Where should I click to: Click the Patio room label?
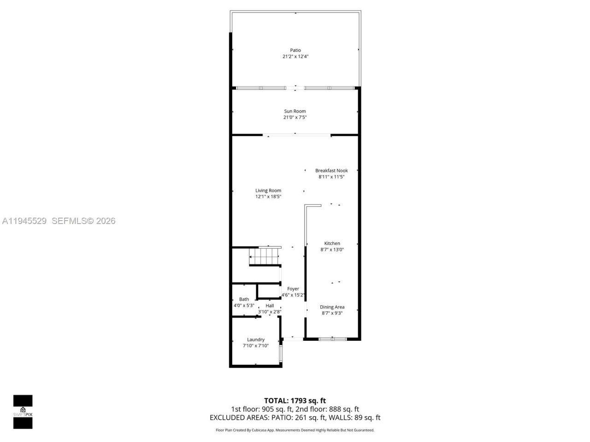click(295, 50)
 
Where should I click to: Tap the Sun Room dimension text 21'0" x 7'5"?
click(295, 117)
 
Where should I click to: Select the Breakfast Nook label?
click(331, 170)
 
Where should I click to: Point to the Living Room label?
click(268, 191)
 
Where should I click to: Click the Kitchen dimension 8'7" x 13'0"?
click(332, 250)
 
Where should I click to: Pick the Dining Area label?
click(332, 307)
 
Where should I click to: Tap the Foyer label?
click(293, 289)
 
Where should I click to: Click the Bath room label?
click(244, 299)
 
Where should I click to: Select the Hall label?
click(270, 306)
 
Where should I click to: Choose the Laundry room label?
click(256, 340)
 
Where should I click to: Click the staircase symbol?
click(264, 256)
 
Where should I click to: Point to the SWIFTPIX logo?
click(23, 412)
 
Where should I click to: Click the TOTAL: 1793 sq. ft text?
click(295, 401)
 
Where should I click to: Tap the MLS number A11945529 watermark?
click(24, 221)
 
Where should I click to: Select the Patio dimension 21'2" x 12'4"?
click(295, 57)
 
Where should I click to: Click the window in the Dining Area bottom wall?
click(333, 339)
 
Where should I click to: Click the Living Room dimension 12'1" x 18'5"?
click(268, 197)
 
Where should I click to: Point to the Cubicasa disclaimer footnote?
click(295, 430)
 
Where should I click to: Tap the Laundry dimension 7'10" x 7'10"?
click(256, 346)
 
